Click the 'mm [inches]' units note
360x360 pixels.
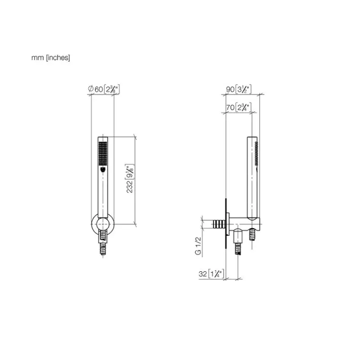(50, 58)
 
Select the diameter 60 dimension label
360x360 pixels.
(104, 89)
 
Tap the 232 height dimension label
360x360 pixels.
(130, 178)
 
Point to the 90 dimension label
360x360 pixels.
(238, 89)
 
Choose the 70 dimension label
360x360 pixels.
(238, 107)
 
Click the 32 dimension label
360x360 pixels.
(211, 274)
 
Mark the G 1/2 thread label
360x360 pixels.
(198, 246)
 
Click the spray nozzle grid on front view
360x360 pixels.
(103, 153)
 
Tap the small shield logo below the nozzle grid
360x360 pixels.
(103, 170)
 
